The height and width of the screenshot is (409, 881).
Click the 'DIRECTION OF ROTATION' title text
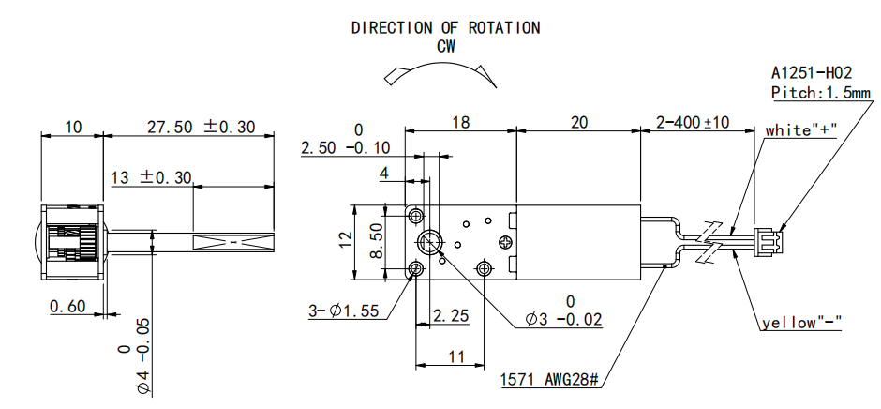pyautogui.click(x=445, y=27)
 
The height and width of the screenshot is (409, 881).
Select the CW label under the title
pyautogui.click(x=446, y=44)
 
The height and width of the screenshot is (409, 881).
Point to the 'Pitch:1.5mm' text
pyautogui.click(x=820, y=93)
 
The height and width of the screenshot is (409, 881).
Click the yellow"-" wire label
pyautogui.click(x=800, y=324)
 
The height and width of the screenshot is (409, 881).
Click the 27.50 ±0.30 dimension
pyautogui.click(x=201, y=127)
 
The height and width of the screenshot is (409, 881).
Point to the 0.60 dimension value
pyautogui.click(x=67, y=305)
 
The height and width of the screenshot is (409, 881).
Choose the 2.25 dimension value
pyautogui.click(x=451, y=316)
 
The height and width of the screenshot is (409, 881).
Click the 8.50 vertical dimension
pyautogui.click(x=374, y=242)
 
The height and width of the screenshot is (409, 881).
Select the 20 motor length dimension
pyautogui.click(x=578, y=123)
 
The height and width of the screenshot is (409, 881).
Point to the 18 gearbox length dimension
pyautogui.click(x=460, y=123)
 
